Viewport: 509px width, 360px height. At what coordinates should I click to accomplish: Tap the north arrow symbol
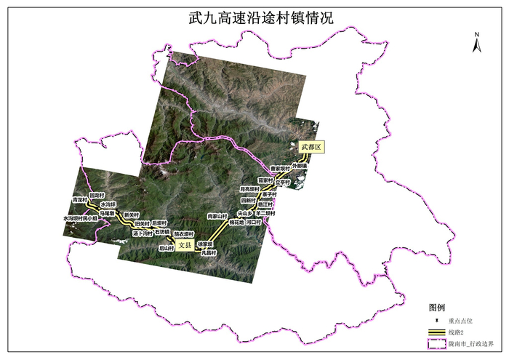476,44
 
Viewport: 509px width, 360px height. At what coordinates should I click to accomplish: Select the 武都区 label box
310,147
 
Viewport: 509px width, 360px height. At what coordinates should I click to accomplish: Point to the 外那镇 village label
300,166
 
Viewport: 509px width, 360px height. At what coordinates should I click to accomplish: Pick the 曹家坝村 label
280,168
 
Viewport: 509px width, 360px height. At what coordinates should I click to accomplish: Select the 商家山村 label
217,216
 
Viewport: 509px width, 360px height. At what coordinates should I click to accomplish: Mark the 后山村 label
167,248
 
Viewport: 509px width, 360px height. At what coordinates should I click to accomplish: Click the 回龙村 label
97,196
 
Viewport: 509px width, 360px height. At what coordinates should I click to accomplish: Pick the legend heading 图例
436,308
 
